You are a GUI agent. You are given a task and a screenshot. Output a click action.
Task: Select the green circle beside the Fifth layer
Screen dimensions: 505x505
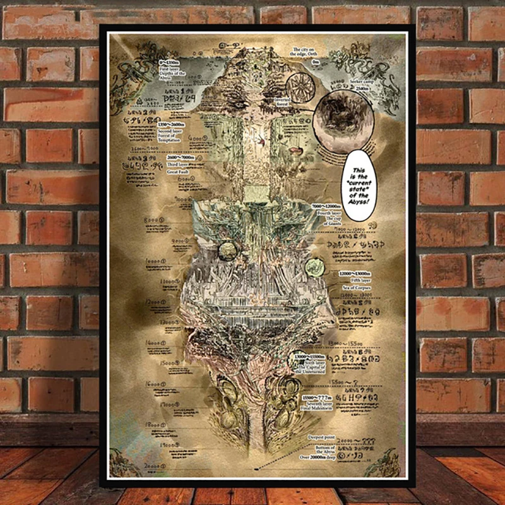[313, 268]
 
